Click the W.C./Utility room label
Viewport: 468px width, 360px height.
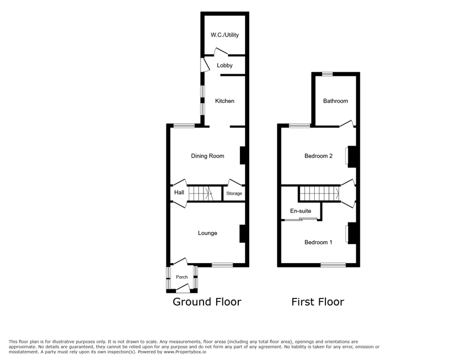225,35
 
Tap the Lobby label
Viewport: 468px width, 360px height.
225,66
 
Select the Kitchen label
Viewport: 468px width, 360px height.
225,101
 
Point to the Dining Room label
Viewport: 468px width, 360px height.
207,156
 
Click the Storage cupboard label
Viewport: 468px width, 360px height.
234,193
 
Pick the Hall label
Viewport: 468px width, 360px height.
179,192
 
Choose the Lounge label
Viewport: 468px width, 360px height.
207,233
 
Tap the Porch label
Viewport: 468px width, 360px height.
182,277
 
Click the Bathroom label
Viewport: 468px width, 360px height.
336,101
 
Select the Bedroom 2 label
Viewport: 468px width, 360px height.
319,156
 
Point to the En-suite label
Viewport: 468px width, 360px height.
300,211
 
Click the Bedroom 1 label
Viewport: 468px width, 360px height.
318,242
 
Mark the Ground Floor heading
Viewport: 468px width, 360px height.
207,302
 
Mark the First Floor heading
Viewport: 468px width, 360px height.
318,302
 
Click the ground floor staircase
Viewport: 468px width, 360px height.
201,193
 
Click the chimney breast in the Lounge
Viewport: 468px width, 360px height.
242,233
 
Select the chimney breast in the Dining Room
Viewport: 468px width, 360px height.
243,155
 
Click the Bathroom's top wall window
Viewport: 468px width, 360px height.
327,74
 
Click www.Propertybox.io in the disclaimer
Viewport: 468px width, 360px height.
185,352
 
